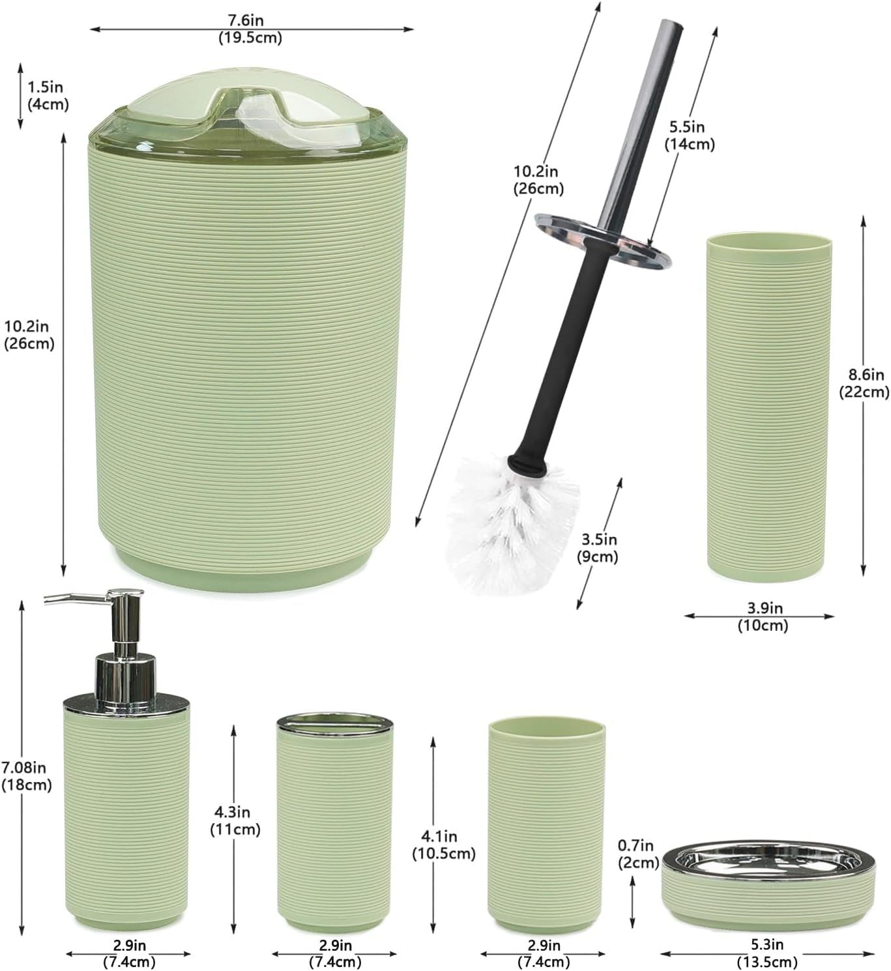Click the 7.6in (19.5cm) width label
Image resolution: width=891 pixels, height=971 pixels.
click(250, 29)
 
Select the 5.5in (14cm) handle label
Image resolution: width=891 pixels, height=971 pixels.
click(690, 135)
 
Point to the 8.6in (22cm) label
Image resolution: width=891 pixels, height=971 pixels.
click(864, 383)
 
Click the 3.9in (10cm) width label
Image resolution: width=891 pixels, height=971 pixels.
click(763, 616)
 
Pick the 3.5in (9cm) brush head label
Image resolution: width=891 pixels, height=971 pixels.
click(598, 548)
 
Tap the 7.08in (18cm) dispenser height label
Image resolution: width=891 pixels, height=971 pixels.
click(26, 775)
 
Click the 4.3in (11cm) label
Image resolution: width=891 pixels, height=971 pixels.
click(235, 820)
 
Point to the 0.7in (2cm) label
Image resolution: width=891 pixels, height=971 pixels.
click(639, 854)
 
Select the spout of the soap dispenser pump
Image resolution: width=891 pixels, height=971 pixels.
click(78, 600)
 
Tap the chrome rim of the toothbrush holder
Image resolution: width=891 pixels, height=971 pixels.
click(335, 723)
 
